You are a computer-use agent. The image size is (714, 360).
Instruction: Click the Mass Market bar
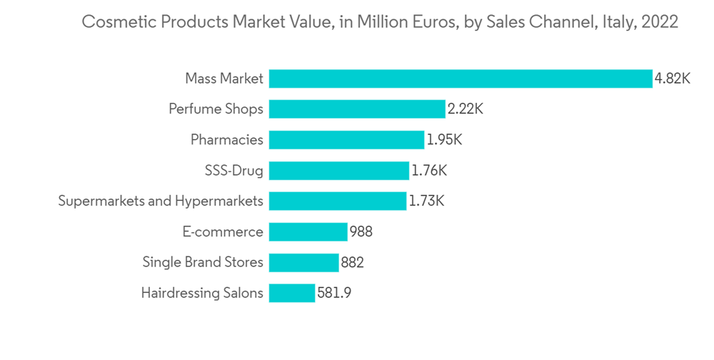(x=461, y=79)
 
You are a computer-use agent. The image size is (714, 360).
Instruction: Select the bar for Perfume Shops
(x=357, y=109)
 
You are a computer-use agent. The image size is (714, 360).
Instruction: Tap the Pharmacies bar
(x=347, y=140)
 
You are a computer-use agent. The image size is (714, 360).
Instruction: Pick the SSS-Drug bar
(x=339, y=171)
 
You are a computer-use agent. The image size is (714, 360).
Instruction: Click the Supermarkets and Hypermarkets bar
(x=338, y=201)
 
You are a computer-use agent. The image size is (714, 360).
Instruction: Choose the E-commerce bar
(x=308, y=232)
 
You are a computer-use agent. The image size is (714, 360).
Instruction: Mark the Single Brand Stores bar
(x=304, y=263)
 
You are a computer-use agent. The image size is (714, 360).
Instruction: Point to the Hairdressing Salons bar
(x=292, y=294)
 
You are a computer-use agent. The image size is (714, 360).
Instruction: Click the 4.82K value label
(x=673, y=79)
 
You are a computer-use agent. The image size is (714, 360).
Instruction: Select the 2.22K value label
(x=466, y=109)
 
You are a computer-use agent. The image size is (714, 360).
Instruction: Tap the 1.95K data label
(x=444, y=140)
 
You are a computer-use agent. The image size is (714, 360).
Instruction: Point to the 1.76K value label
(x=429, y=171)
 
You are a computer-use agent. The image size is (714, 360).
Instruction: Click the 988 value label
(x=361, y=232)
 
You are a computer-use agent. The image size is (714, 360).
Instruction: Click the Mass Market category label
(x=223, y=79)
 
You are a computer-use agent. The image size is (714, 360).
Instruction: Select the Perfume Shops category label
(x=216, y=109)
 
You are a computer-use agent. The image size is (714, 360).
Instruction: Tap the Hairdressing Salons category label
(x=202, y=294)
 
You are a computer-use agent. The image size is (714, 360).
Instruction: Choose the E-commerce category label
(x=223, y=232)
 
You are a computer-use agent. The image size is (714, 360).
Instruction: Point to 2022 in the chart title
(x=660, y=22)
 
